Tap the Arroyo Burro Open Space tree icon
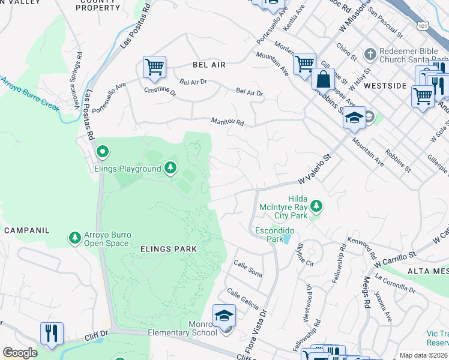pyautogui.click(x=75, y=238)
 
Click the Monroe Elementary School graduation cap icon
pyautogui.click(x=224, y=315)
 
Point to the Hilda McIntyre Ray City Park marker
pyautogui.click(x=316, y=206)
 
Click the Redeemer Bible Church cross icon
pyautogui.click(x=370, y=53)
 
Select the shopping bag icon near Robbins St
pyautogui.click(x=323, y=79)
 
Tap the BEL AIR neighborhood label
pyautogui.click(x=209, y=65)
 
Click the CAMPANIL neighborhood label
pyautogui.click(x=26, y=230)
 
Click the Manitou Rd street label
pyautogui.click(x=228, y=122)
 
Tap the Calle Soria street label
pyautogui.click(x=248, y=268)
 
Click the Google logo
pyautogui.click(x=20, y=353)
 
